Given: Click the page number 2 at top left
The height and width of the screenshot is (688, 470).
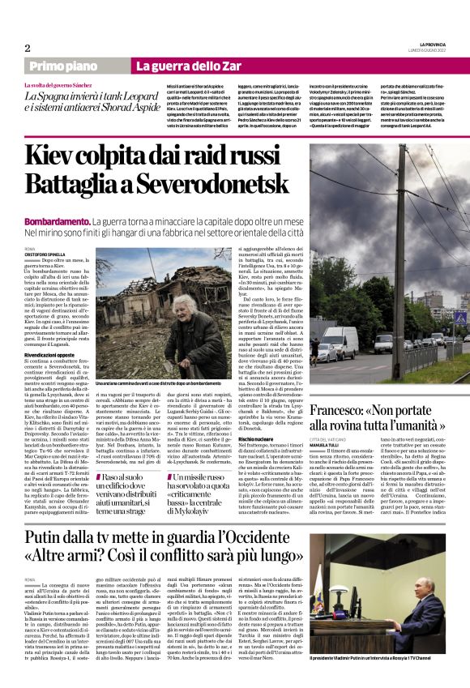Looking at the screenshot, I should click(27, 48).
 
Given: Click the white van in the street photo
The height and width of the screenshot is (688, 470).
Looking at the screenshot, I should click(341, 340).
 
